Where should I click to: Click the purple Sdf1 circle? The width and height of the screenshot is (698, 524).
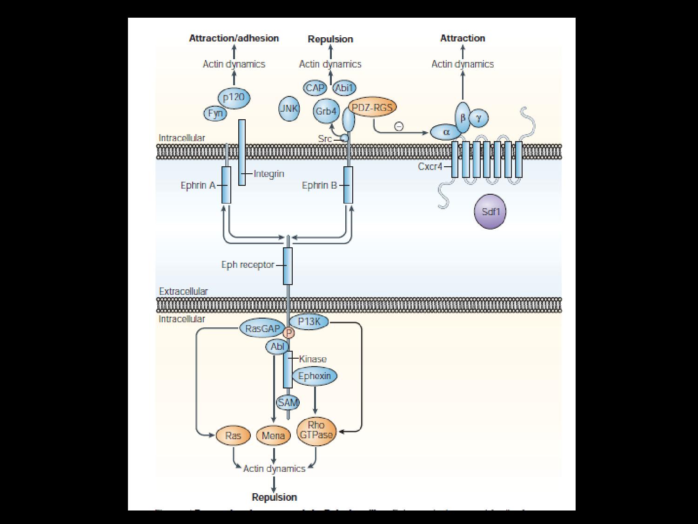point(490,211)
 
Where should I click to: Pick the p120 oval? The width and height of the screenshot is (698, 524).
point(234,98)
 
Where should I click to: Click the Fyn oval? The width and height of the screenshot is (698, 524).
point(215,113)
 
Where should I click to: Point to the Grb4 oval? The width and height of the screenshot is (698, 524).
point(326,111)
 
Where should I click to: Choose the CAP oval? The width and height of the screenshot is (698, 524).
point(315,88)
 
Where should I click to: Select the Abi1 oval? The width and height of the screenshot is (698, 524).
point(344,88)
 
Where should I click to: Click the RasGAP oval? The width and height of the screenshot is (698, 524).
point(262,328)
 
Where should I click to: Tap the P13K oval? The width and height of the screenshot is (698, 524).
point(309,321)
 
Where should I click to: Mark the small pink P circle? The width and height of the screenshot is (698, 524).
point(289,333)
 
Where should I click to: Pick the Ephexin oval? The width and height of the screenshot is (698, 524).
point(315,376)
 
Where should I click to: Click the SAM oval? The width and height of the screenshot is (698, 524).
point(288,402)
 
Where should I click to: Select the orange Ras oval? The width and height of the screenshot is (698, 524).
point(233,436)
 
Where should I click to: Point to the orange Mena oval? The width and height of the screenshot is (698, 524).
point(273,436)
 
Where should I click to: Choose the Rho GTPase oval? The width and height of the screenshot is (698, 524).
point(316,430)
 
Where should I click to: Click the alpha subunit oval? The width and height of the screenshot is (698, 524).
point(446,132)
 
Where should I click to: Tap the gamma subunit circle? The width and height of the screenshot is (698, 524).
point(479,117)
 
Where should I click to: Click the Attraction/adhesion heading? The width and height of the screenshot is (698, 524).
point(234,38)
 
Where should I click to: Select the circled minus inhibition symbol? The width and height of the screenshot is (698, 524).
point(399,126)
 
